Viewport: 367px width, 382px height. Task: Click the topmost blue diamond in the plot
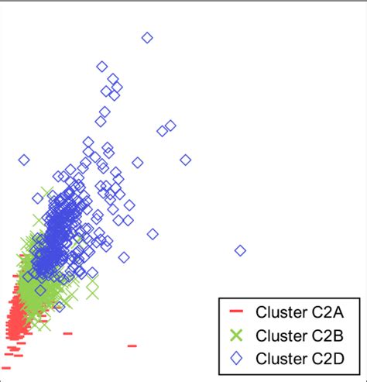pos(147,37)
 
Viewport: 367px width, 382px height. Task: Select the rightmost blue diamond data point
pos(240,250)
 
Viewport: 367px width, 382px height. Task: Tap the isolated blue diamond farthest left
pos(24,160)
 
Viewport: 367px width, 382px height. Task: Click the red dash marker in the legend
pos(237,312)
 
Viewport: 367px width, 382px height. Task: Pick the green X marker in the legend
pos(237,335)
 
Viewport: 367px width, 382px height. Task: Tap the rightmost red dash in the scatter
pos(132,346)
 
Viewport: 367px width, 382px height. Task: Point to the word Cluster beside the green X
pos(279,335)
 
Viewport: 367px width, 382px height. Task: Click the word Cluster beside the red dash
pos(279,312)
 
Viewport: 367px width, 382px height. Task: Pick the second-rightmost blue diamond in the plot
pos(185,160)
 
